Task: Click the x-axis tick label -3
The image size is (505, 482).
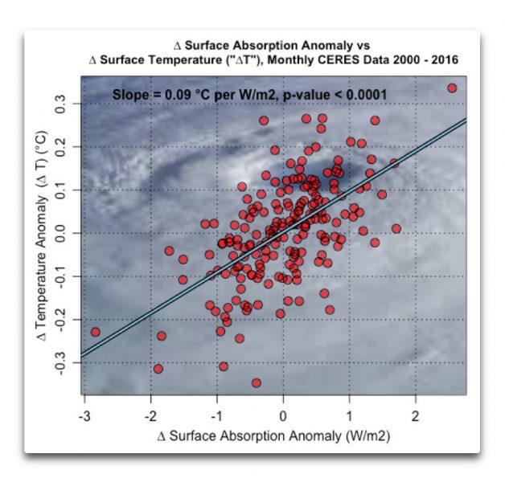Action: [84, 418]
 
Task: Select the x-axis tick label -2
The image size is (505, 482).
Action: [150, 418]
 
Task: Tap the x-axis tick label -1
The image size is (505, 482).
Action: [216, 418]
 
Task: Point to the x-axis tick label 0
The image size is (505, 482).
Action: [283, 418]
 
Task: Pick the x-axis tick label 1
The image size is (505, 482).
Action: [349, 418]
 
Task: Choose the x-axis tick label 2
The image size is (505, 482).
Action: [415, 418]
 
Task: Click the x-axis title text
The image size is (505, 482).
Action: [275, 438]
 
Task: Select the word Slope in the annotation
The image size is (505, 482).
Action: [129, 94]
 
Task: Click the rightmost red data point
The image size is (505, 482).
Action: [452, 88]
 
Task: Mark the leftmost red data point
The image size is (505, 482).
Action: [96, 332]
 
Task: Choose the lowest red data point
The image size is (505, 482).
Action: [257, 383]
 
